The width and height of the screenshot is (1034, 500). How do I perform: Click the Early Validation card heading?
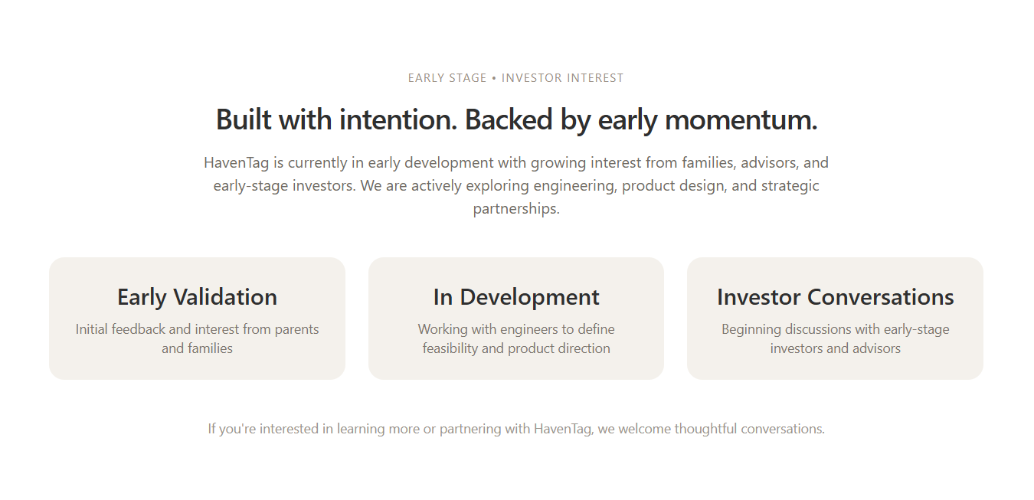coord(197,297)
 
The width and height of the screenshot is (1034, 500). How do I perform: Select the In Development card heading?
coord(516,297)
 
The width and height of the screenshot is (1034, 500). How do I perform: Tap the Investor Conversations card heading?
coord(835,297)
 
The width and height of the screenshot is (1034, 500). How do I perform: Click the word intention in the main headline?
coord(398,119)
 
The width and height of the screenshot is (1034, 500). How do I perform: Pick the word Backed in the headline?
coord(509,119)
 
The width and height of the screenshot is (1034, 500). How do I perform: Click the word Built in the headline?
coord(244,119)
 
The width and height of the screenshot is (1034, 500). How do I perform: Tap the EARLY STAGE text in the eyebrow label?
coord(447,78)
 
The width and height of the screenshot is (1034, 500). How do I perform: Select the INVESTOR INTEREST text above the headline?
coord(562,78)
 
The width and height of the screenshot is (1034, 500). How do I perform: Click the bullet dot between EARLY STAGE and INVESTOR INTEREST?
coord(494,78)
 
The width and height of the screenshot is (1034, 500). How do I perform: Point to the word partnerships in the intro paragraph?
coord(516,209)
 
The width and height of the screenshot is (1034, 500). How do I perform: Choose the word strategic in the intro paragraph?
coord(790,186)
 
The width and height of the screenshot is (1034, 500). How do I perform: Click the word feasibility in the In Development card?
coord(450,348)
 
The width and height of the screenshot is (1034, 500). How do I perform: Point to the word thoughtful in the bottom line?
coord(705,429)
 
